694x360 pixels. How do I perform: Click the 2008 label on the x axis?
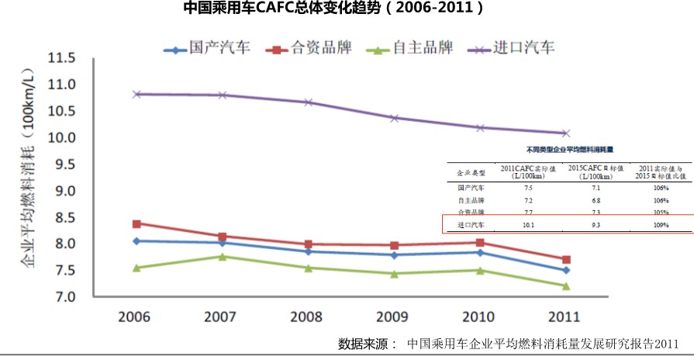click(x=309, y=318)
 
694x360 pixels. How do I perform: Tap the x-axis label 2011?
click(x=566, y=318)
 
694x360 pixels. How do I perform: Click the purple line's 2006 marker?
click(x=136, y=94)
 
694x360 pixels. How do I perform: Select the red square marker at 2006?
click(x=136, y=223)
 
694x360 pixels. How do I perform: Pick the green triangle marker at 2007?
click(x=223, y=256)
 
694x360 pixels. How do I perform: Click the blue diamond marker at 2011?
click(x=566, y=270)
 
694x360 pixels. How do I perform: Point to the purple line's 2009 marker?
click(x=395, y=118)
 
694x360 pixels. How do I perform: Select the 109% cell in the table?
click(x=661, y=225)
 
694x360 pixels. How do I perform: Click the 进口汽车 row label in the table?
click(x=470, y=225)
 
